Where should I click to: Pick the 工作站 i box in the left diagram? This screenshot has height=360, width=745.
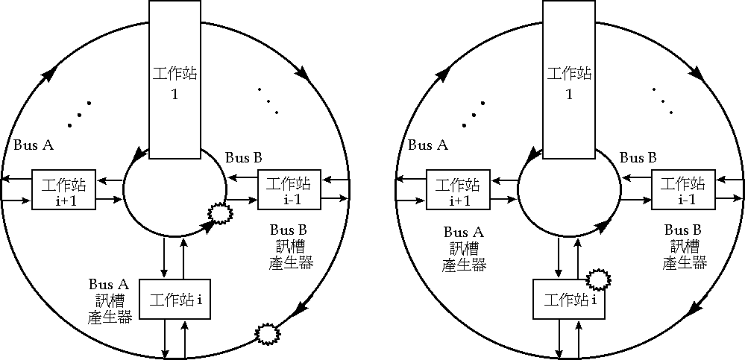tap(176, 300)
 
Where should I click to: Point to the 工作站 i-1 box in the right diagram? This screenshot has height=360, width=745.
tap(681, 191)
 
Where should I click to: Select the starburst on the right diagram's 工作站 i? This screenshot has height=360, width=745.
tap(599, 280)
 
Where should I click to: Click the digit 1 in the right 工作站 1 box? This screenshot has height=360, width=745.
tap(569, 94)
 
